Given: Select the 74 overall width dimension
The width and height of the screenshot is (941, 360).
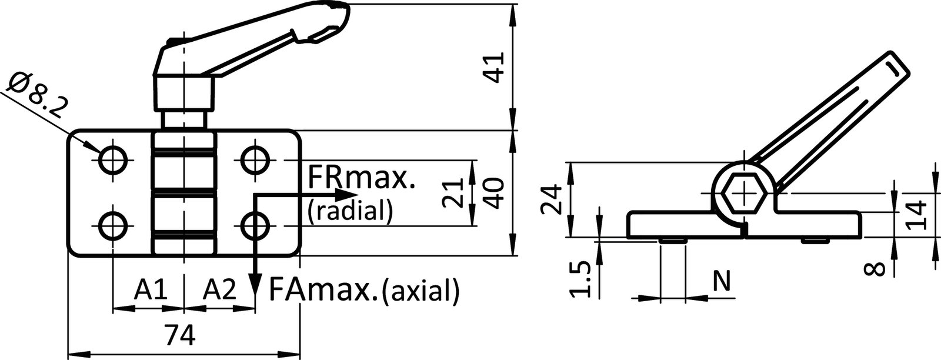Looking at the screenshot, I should (x=179, y=337).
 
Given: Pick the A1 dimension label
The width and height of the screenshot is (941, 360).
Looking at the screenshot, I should (x=152, y=289).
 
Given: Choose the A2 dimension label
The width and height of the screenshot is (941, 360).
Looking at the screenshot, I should (x=221, y=289).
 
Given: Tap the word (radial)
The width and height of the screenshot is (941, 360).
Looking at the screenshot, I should (x=349, y=210).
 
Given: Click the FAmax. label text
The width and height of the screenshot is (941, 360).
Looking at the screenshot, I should (x=323, y=289).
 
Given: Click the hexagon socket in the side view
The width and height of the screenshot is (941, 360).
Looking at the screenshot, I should (x=743, y=193).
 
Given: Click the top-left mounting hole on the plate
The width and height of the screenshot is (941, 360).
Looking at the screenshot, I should (x=112, y=158).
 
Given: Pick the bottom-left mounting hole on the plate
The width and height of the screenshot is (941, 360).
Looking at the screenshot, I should (x=112, y=226).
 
